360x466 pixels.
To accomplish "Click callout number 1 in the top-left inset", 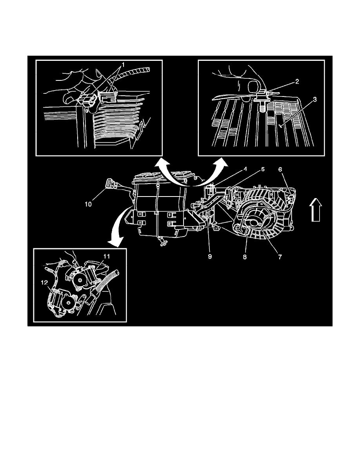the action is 123,64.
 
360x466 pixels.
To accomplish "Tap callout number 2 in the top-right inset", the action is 297,81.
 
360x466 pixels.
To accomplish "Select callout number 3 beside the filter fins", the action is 315,99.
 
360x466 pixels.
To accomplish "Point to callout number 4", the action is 245,169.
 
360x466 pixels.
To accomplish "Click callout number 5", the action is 263,169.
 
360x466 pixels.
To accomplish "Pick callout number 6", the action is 280,169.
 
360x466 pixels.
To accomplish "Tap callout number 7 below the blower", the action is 280,257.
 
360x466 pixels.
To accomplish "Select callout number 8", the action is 245,257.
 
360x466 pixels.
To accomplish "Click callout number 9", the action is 210,257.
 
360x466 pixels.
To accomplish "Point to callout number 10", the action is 88,204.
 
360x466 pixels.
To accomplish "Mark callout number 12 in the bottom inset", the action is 44,283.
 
